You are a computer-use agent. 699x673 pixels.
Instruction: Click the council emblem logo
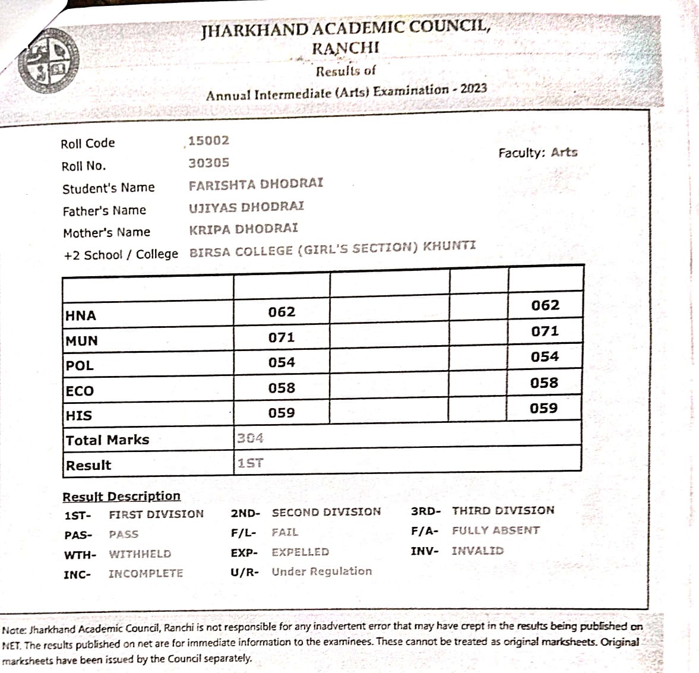(48, 61)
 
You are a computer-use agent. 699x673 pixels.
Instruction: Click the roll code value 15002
(208, 141)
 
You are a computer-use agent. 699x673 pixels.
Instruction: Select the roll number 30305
(208, 163)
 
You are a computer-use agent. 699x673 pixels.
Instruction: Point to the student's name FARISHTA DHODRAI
(256, 184)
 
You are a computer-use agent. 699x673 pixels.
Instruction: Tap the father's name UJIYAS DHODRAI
(246, 207)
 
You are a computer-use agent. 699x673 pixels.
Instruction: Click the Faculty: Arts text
(537, 153)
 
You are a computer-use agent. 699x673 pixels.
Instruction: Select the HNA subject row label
(81, 315)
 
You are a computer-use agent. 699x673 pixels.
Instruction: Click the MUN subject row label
(82, 341)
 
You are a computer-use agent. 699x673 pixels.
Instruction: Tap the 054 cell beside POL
(282, 362)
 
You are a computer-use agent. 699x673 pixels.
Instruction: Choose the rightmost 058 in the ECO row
(544, 383)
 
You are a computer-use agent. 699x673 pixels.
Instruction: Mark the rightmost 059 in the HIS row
(543, 409)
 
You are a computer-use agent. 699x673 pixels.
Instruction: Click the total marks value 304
(250, 438)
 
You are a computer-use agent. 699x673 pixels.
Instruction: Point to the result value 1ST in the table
(250, 463)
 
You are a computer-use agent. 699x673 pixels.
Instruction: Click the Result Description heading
(121, 497)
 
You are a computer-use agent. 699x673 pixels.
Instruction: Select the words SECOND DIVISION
(326, 512)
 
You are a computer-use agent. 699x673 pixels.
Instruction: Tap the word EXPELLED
(300, 552)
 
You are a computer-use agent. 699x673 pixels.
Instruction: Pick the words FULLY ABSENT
(495, 530)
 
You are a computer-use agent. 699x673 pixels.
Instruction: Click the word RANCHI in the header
(345, 48)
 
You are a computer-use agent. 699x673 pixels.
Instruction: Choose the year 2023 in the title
(473, 89)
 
